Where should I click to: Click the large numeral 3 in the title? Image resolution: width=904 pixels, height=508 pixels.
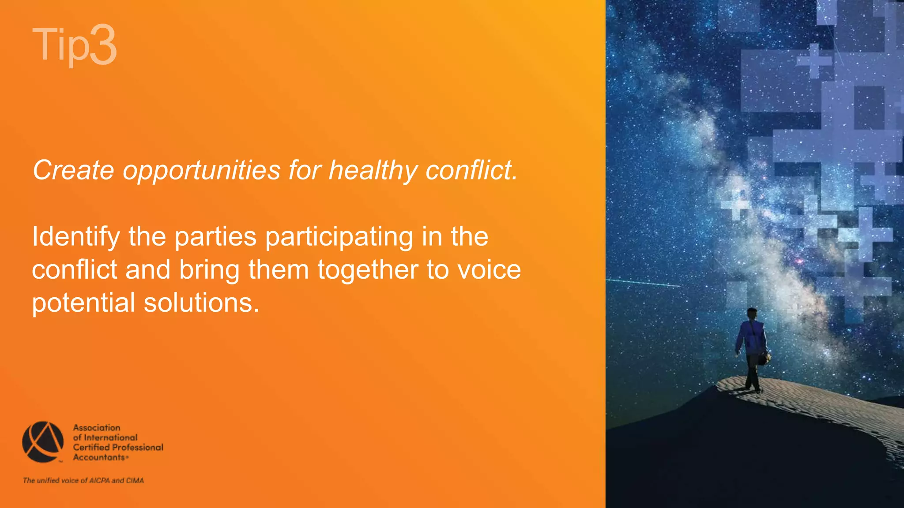click(103, 45)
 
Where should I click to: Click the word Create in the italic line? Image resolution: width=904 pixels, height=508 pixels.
click(73, 170)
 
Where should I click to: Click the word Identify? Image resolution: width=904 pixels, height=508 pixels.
click(75, 237)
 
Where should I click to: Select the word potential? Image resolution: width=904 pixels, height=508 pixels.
click(83, 303)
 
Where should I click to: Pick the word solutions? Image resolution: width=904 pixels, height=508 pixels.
click(201, 303)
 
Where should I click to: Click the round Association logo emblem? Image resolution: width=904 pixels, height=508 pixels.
click(43, 442)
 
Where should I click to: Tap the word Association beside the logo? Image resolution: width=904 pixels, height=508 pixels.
click(97, 428)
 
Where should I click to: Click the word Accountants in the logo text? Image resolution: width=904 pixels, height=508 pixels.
click(99, 458)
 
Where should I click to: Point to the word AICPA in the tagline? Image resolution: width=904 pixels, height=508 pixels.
click(99, 481)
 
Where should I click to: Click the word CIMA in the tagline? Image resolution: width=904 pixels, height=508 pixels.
click(135, 481)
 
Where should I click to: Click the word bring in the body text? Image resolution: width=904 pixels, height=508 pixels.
click(209, 270)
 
